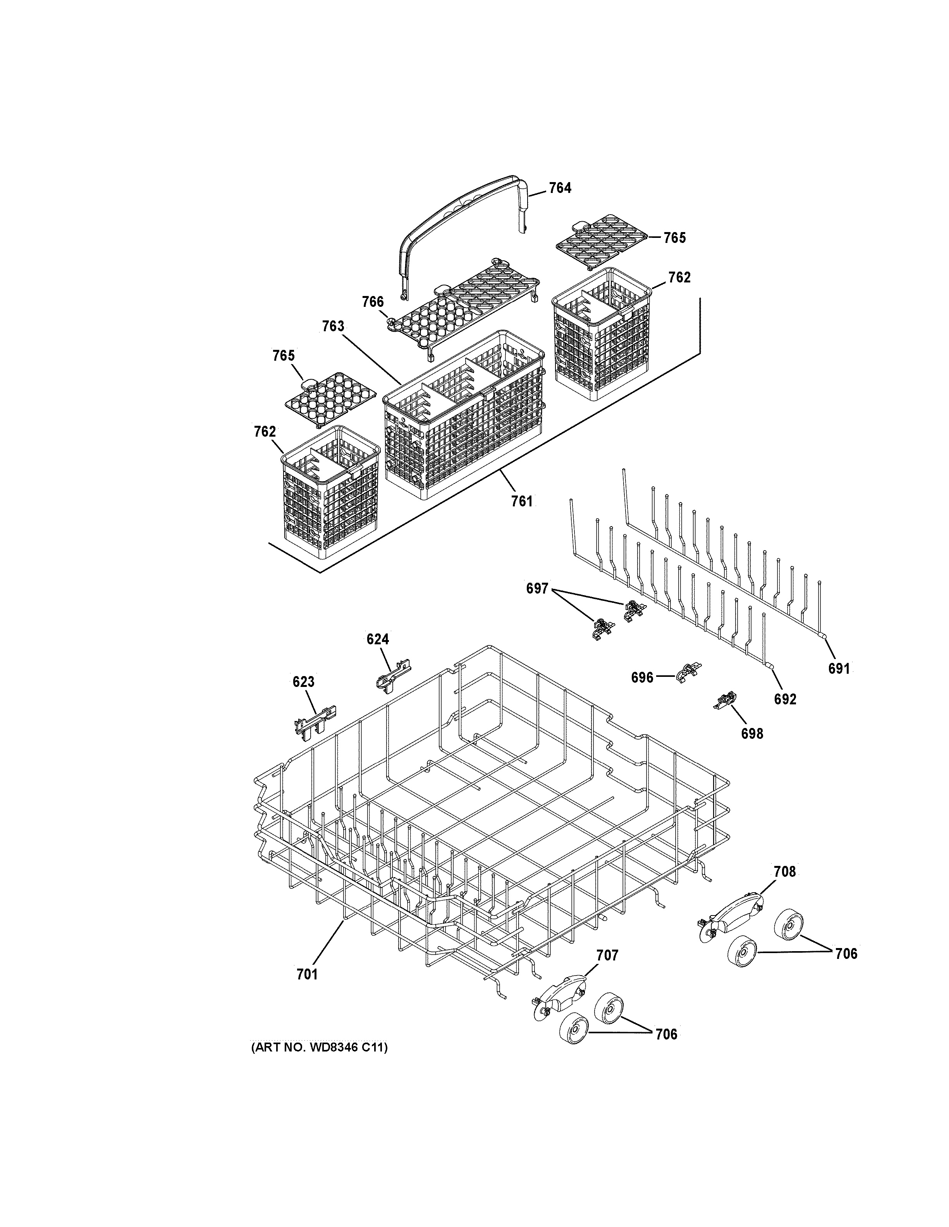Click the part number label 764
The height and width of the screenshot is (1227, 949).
[x=560, y=188]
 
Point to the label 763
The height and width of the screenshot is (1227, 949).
[x=333, y=326]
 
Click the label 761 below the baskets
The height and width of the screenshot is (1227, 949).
[x=522, y=501]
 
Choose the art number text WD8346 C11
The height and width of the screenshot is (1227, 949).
[x=318, y=1047]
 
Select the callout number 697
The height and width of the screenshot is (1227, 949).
[x=537, y=589]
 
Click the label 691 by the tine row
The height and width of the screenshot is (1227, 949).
[x=839, y=669]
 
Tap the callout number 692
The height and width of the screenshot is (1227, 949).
[x=785, y=699]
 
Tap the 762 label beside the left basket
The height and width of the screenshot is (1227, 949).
[x=265, y=432]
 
